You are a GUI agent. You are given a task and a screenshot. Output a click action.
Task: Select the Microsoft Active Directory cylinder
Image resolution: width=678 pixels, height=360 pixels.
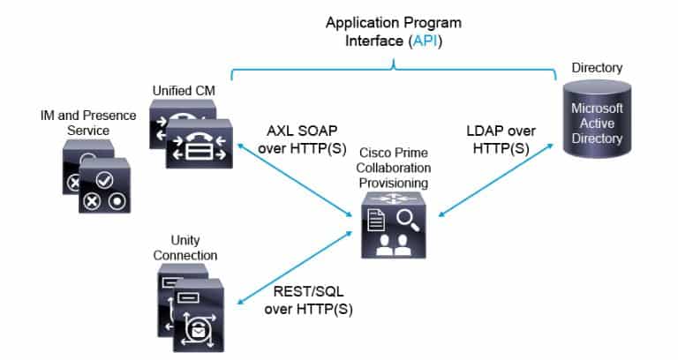point(598,123)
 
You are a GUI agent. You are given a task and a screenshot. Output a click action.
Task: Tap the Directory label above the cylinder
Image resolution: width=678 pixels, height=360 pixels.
point(597,68)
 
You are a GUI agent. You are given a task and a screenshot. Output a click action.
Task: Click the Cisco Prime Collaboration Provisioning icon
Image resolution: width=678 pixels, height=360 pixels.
point(393,228)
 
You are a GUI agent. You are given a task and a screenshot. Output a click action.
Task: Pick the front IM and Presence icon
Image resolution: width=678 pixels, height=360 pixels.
point(103,188)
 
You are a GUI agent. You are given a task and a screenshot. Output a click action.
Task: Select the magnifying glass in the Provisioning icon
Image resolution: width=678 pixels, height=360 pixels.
point(406,217)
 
